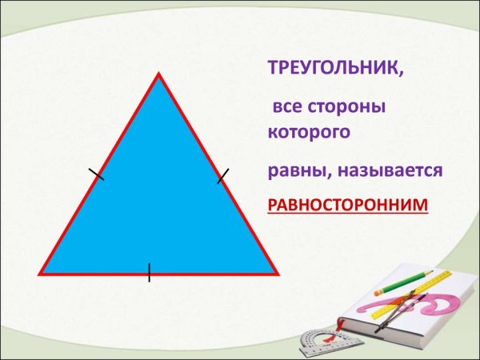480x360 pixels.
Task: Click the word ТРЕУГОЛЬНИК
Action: pos(335,70)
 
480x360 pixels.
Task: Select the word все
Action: pos(287,106)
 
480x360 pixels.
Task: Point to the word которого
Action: pos(309,131)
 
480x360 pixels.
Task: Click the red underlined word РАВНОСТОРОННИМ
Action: pos(347,206)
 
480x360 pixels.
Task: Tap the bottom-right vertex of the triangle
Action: pos(277,273)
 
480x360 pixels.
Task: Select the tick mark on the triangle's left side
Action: pos(96,174)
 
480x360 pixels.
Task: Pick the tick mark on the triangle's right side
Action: pos(223,175)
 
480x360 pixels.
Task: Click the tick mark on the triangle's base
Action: pos(149,272)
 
